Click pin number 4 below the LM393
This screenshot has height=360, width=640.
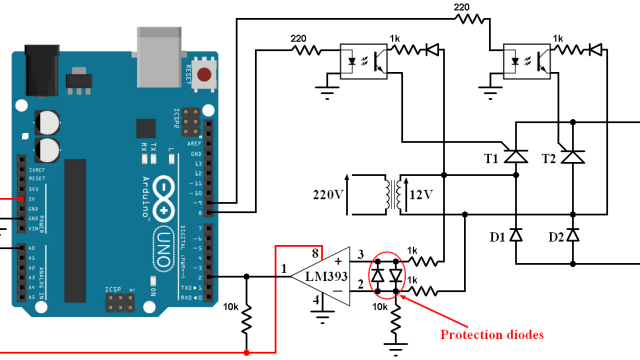pyautogui.click(x=316, y=298)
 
